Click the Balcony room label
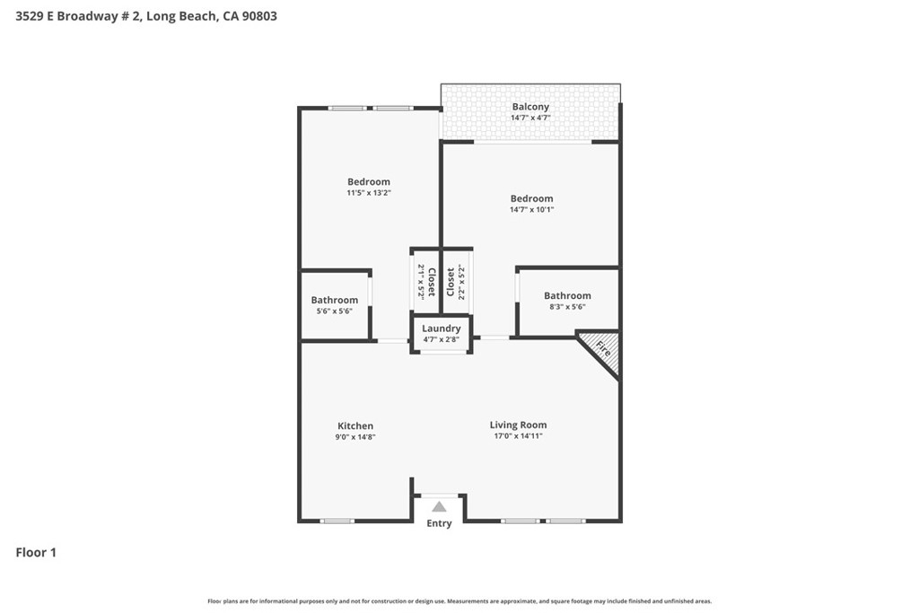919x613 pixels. click(530, 107)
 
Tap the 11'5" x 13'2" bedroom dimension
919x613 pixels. click(369, 193)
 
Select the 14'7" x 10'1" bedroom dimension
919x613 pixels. click(531, 209)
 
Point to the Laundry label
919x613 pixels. click(442, 328)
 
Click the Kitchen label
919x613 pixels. click(355, 426)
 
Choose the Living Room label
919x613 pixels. click(518, 425)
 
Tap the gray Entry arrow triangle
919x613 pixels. click(439, 507)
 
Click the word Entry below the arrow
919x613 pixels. click(439, 523)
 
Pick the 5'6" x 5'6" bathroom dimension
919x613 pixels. click(334, 311)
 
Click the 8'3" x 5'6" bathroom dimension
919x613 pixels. click(567, 307)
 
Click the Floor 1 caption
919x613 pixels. click(36, 552)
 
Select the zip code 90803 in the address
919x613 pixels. click(259, 16)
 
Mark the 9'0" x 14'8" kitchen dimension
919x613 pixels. click(355, 437)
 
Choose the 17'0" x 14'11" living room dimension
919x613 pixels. click(518, 436)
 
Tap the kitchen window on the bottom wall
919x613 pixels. click(337, 521)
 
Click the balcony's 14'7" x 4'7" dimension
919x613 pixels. click(530, 118)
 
